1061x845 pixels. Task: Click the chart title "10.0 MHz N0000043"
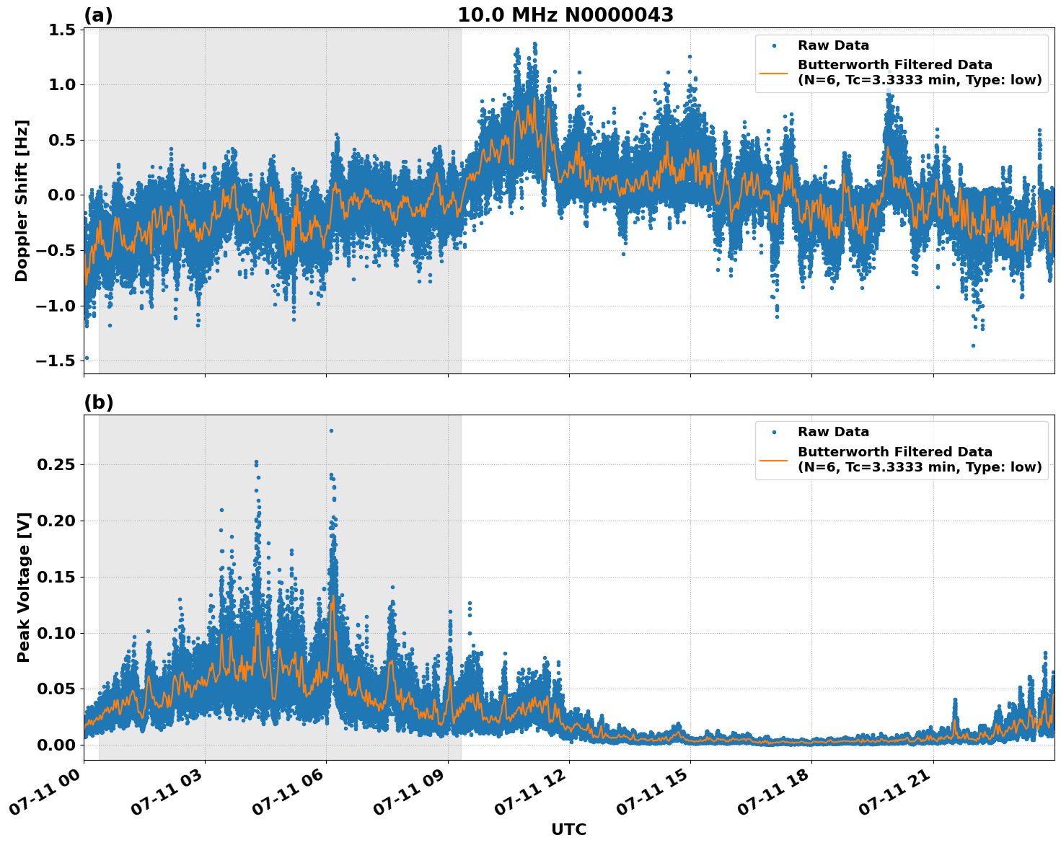tap(565, 15)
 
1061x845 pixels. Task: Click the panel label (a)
tap(98, 15)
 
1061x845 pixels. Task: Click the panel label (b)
tap(98, 402)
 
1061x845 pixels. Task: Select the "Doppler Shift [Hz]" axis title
tap(22, 200)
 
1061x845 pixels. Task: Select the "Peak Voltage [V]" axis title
tap(24, 587)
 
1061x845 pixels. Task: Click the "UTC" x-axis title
tap(568, 829)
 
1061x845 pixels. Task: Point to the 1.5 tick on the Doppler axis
tap(61, 30)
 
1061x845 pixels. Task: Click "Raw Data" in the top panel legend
tap(833, 45)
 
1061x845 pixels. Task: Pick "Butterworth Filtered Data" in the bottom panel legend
tap(894, 452)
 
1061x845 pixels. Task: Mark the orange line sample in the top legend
tap(773, 73)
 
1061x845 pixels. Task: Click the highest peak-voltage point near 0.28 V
tap(331, 430)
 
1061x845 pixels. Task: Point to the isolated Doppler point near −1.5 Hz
tap(87, 358)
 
